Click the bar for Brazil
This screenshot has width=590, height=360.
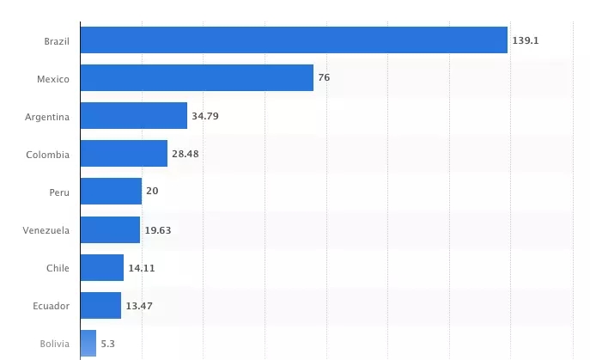click(294, 40)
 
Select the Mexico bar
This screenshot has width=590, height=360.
click(197, 78)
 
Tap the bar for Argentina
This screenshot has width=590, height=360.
click(134, 115)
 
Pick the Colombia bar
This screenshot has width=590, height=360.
click(124, 154)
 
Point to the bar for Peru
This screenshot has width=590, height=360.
click(111, 191)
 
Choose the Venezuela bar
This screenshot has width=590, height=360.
click(110, 229)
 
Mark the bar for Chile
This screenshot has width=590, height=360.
click(102, 267)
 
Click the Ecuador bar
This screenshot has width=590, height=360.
click(100, 305)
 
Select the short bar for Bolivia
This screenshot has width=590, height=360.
click(88, 344)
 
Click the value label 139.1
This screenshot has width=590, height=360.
click(526, 40)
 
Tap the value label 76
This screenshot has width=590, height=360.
click(324, 78)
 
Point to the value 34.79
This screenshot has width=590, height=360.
click(204, 115)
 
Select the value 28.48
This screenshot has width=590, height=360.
click(186, 154)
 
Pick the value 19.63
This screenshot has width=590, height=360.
click(158, 229)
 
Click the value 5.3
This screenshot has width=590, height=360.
click(107, 344)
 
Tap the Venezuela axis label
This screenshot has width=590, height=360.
click(46, 230)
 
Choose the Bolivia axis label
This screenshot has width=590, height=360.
click(55, 344)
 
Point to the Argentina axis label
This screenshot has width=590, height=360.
click(48, 116)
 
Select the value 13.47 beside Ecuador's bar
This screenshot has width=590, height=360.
click(139, 305)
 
